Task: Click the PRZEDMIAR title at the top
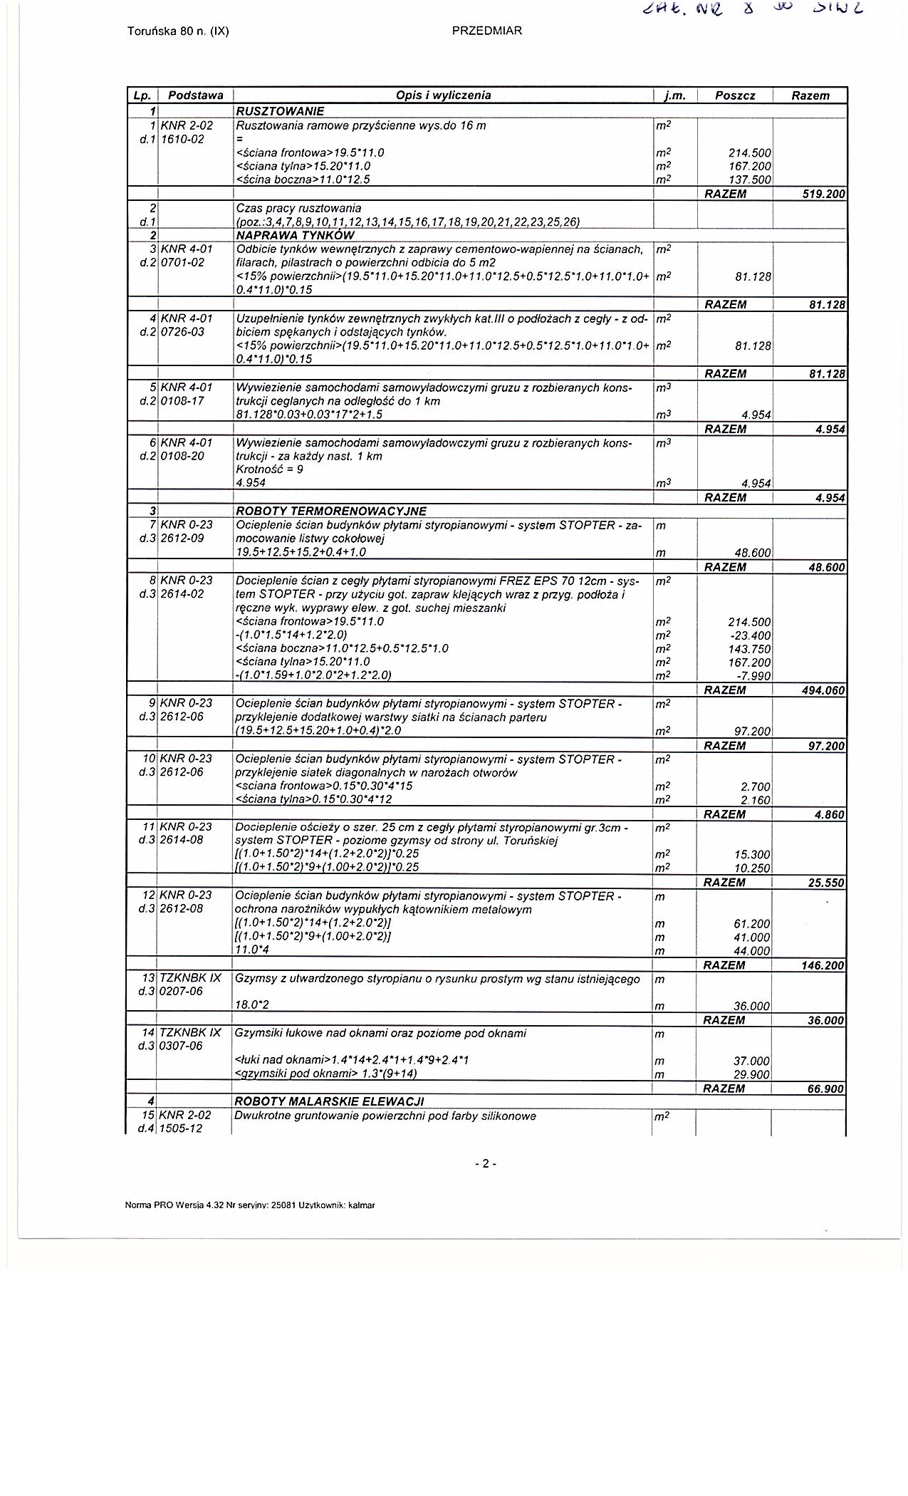[x=487, y=31]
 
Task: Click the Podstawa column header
[x=196, y=95]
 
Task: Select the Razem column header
[x=810, y=95]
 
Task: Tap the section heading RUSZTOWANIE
[x=280, y=111]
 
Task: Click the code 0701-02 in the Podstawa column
[x=183, y=262]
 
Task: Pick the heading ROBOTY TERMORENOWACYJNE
[x=331, y=511]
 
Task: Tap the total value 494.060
[x=823, y=690]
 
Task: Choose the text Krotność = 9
[x=269, y=469]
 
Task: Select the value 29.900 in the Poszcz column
[x=752, y=1074]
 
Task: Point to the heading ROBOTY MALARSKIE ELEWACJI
[x=330, y=1101]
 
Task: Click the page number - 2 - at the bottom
[x=486, y=1164]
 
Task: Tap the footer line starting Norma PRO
[x=250, y=1205]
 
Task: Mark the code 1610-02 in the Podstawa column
[x=183, y=139]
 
